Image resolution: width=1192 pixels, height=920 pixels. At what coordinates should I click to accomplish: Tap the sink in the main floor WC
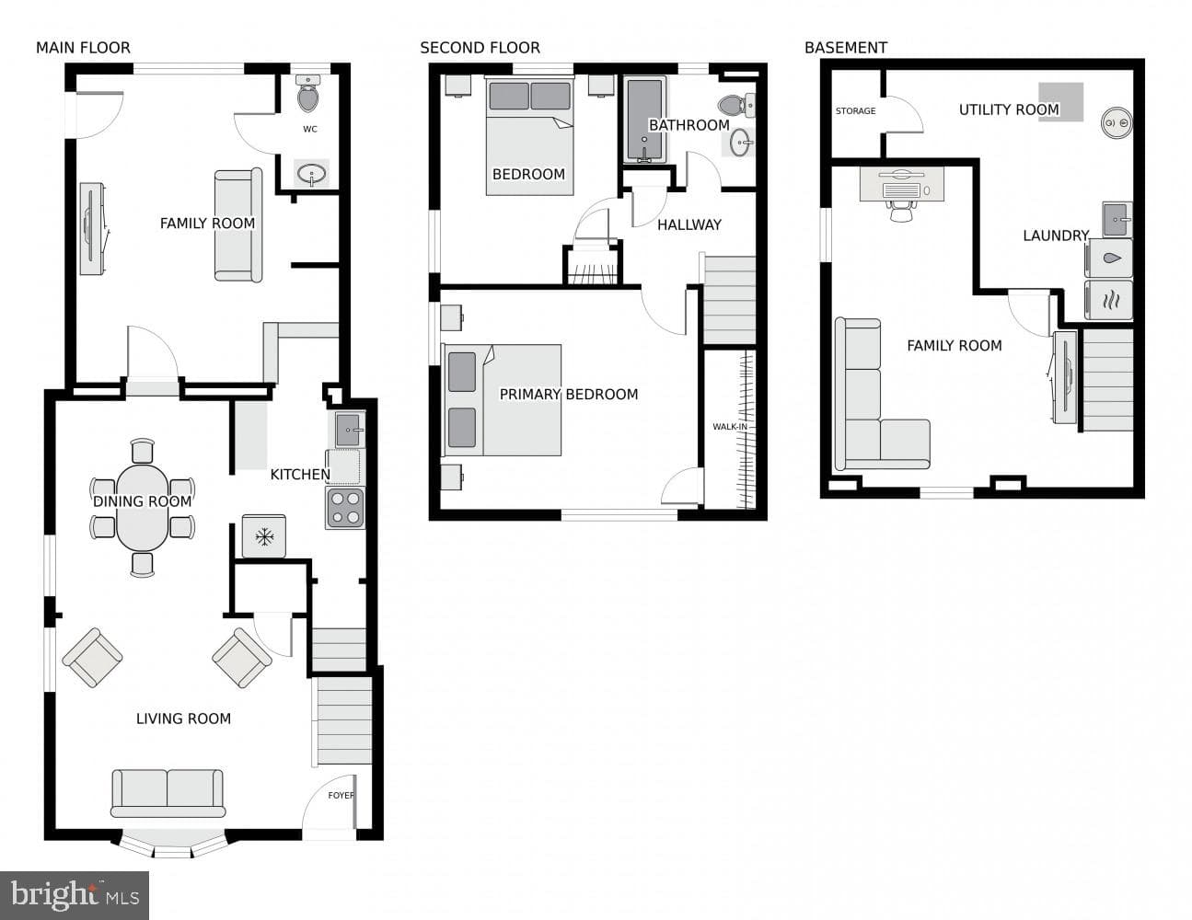pos(311,174)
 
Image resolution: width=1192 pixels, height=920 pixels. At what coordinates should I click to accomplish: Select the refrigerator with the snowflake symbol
pos(264,536)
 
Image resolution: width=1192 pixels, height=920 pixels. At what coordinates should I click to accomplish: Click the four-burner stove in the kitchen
pos(345,508)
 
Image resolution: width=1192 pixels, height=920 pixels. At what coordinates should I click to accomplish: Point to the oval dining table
pos(142,508)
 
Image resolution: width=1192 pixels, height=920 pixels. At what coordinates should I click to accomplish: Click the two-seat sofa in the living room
pos(168,793)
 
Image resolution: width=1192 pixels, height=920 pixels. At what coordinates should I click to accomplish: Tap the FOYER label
pos(341,795)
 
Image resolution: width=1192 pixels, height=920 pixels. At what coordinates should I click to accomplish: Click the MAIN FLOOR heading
pos(84,48)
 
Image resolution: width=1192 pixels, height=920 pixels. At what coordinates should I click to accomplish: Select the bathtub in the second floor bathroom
pos(644,120)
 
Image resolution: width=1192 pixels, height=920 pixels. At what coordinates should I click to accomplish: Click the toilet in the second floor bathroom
pos(736,105)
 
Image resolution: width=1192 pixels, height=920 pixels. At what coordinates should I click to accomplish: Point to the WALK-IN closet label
pos(730,427)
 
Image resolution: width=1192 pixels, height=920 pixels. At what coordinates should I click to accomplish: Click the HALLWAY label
pos(689,224)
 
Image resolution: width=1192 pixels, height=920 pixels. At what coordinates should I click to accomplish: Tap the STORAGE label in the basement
pos(855,111)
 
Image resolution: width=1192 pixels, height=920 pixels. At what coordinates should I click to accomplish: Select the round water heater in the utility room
pos(1117,122)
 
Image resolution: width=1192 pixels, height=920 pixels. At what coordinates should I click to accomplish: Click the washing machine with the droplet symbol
pos(1108,258)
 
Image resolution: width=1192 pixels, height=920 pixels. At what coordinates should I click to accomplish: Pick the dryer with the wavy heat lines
pos(1108,300)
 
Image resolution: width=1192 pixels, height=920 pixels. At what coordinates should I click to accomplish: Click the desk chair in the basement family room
pos(901,210)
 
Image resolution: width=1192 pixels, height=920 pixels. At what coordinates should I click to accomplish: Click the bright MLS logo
pos(75,895)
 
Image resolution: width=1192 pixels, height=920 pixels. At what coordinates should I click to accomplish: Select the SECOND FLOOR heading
pos(480,48)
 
